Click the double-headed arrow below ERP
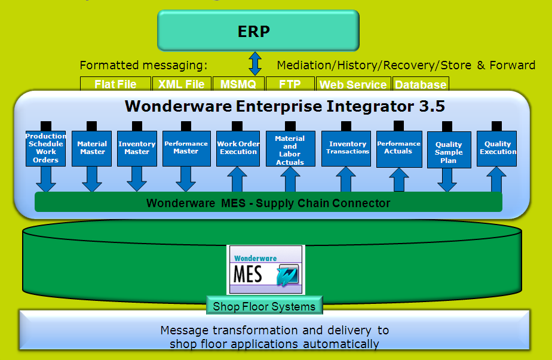[256, 63]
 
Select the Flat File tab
[115, 84]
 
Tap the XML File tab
[182, 84]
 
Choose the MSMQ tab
[238, 84]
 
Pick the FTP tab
[289, 84]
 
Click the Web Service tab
[353, 84]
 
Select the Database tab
[420, 84]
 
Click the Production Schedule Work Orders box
[46, 148]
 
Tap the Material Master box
[92, 148]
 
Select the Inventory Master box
[137, 148]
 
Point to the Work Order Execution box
[238, 148]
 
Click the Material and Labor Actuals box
[290, 149]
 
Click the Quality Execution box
[497, 148]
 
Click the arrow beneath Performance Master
[186, 179]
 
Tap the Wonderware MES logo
[266, 269]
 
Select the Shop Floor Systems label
[264, 307]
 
